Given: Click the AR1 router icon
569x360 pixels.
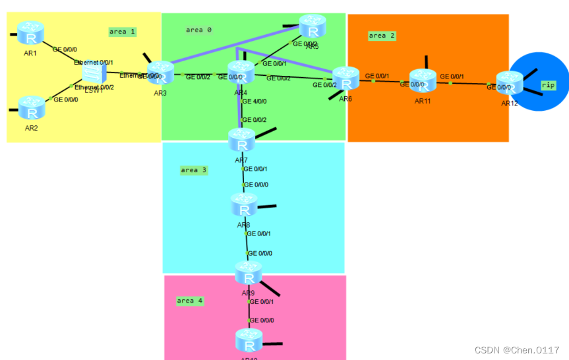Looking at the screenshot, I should coord(30,32).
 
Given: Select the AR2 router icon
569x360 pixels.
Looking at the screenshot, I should coord(31,107).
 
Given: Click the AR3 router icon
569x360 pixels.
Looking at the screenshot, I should coord(160,72).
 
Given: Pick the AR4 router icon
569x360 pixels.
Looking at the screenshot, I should coord(241,72).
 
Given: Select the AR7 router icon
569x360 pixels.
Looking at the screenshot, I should coord(241,140).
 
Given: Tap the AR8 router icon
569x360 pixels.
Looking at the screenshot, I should coord(245,206).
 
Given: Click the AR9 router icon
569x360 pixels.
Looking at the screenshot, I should coord(249,272).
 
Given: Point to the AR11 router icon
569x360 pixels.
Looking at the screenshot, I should coord(423,81).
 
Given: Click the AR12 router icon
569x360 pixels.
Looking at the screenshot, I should coord(510,83).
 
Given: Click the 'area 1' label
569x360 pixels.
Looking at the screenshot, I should coord(122,32).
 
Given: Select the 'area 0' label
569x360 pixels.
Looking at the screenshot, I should coord(198,30).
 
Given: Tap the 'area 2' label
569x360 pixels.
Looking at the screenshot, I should coord(382,36).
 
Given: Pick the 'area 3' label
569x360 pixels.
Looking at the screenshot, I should coord(193,170).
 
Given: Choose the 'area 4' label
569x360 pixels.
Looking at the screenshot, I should coord(190,301).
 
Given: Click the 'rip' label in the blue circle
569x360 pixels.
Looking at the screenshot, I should coord(548,85).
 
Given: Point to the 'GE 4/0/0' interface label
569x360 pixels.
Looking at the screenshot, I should coord(255,102).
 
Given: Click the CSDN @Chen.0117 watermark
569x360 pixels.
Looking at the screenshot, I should coord(516,349).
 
